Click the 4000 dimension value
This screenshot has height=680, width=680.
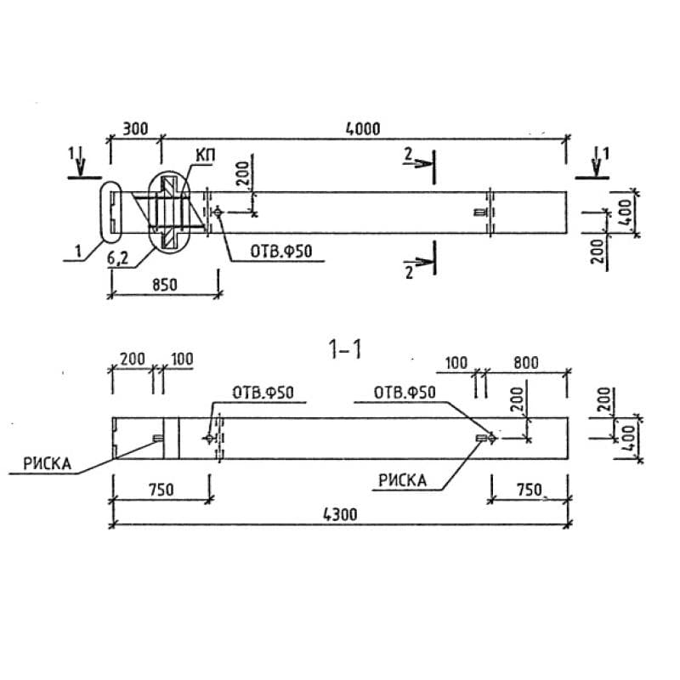pos(363,129)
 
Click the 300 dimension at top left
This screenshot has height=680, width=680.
pos(135,129)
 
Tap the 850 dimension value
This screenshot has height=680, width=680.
pos(165,285)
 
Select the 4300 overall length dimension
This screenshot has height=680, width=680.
pos(341,514)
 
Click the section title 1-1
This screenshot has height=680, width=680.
pos(345,349)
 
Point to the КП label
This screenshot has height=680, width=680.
pos(206,156)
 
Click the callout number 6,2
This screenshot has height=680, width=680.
pos(117,258)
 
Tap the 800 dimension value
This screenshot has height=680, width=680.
pos(526,363)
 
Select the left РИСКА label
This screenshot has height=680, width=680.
pos(48,464)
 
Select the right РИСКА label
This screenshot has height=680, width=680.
pos(402,480)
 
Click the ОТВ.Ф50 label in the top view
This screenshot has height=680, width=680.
pos(281,252)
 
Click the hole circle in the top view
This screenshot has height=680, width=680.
pos(218,212)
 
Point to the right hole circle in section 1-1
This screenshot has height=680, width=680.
pos(491,439)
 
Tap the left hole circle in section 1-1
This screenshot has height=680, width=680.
pos(209,439)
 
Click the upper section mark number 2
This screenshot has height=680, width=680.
pos(408,155)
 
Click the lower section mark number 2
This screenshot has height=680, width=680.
pos(409,273)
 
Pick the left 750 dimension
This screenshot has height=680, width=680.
pos(161,490)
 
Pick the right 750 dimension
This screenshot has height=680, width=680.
pos(529,490)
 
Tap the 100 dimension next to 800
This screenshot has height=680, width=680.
pos(456,363)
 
